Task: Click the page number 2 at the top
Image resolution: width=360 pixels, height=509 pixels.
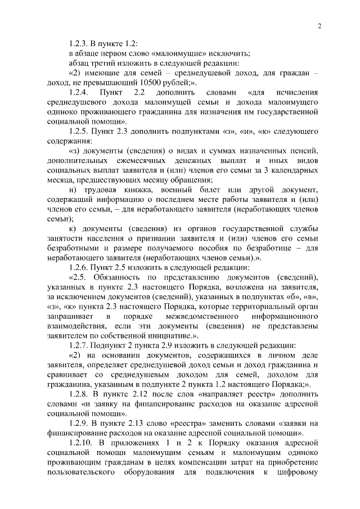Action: point(319,25)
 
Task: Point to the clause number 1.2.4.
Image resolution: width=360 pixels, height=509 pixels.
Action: point(76,92)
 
